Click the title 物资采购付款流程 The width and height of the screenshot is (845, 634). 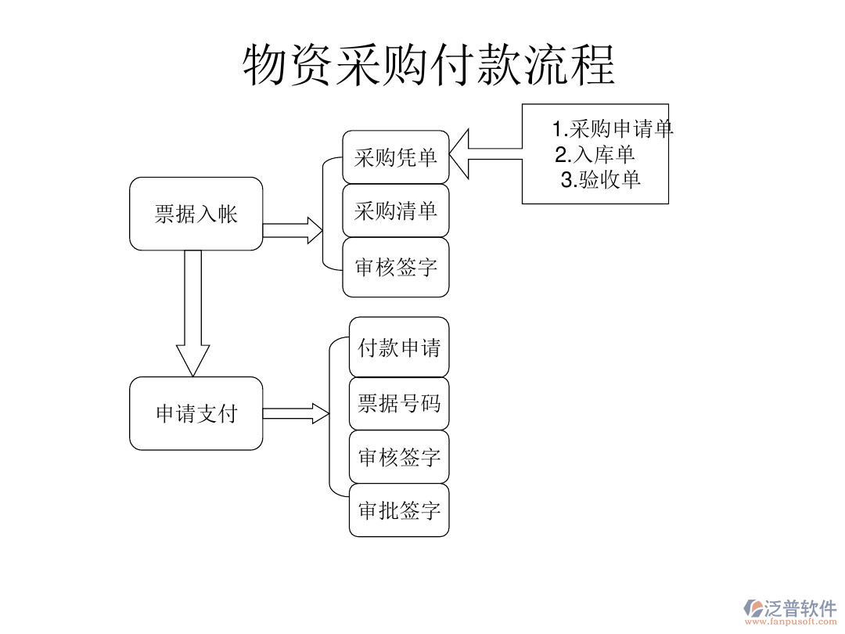click(429, 64)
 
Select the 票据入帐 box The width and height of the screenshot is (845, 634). click(196, 214)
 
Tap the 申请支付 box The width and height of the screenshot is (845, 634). click(196, 413)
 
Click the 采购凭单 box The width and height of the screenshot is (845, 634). click(396, 157)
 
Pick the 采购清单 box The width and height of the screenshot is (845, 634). click(396, 211)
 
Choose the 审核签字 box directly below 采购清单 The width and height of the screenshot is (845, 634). click(396, 268)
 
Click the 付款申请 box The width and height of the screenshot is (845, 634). click(399, 347)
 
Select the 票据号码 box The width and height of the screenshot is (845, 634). click(399, 403)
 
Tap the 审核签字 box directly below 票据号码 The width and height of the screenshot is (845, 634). click(399, 456)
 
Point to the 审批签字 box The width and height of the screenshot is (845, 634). click(399, 510)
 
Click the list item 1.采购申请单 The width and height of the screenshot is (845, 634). click(613, 128)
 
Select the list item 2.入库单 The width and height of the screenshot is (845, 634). click(595, 153)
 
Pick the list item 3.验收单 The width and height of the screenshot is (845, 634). click(601, 179)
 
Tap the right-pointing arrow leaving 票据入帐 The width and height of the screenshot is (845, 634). click(292, 230)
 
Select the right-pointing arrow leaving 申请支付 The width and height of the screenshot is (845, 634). click(295, 413)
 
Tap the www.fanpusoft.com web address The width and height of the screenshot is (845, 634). click(790, 622)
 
